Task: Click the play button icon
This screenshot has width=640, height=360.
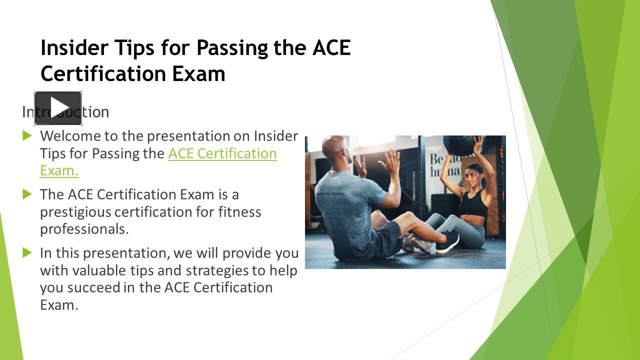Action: [58, 108]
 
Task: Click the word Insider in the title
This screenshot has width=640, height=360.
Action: [74, 47]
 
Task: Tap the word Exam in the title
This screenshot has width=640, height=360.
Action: [198, 73]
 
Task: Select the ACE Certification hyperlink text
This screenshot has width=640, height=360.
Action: [222, 153]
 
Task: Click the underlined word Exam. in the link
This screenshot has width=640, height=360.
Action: [59, 171]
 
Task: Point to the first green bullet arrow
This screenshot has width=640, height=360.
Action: [27, 135]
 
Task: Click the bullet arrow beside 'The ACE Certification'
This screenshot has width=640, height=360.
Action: [27, 194]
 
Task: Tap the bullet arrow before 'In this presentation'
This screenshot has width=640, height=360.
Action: [27, 253]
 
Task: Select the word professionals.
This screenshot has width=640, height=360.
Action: [84, 229]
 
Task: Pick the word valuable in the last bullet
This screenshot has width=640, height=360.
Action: [99, 270]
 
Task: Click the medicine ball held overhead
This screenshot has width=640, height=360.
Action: [458, 145]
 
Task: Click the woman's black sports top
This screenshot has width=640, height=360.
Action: [473, 202]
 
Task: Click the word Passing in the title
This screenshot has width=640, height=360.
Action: [232, 48]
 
